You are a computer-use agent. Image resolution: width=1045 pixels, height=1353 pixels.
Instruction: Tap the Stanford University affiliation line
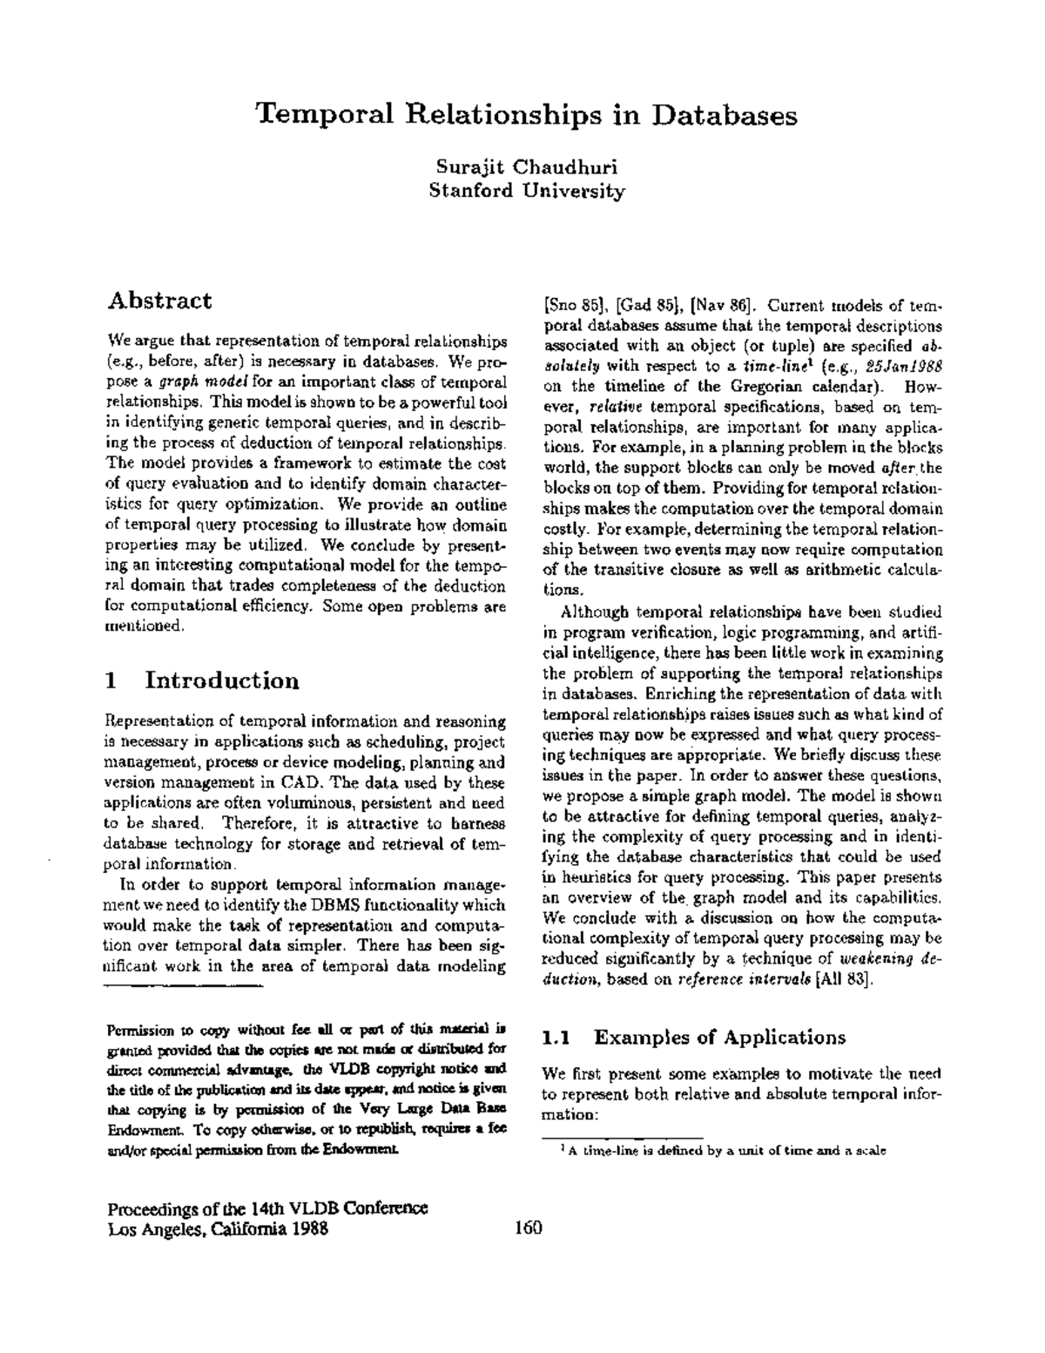(x=527, y=191)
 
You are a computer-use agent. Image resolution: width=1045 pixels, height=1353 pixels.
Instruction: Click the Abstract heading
(x=159, y=301)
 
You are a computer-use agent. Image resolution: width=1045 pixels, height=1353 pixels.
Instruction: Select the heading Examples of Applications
(x=719, y=1037)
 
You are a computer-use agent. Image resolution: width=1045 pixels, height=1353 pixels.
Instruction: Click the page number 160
(x=528, y=1228)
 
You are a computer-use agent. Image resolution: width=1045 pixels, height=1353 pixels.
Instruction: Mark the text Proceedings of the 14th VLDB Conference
(x=266, y=1209)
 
